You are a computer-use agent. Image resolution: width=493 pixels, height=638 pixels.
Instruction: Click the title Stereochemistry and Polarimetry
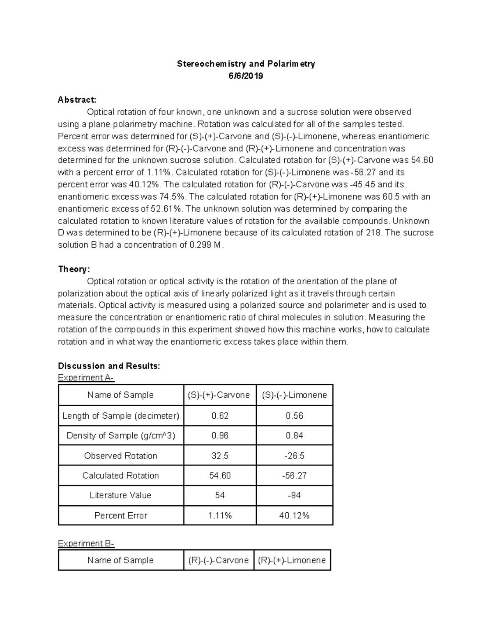pos(246,64)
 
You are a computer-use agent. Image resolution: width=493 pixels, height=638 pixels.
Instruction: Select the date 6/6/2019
pos(246,76)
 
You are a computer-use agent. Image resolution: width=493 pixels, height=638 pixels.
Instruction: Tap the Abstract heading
pos(77,100)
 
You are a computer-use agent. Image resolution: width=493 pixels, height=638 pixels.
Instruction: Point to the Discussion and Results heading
pos(109,366)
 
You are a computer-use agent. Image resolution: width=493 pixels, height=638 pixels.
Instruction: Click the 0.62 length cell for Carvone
pos(220,416)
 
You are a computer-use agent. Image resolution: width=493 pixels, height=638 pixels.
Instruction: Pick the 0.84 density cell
pos(294,435)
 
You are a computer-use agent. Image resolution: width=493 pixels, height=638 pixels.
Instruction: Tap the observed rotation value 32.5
pos(220,456)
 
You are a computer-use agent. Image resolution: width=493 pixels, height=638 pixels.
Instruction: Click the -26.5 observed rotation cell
pos(294,456)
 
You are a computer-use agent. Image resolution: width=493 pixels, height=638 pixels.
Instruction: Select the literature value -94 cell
pos(294,495)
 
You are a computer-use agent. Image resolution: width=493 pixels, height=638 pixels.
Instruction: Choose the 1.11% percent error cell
pos(220,516)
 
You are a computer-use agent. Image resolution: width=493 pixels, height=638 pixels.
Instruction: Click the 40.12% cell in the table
pos(294,516)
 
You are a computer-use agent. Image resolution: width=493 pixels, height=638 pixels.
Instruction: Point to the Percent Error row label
pos(121,516)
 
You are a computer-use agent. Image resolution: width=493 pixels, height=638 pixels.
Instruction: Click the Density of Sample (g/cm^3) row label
pos(121,435)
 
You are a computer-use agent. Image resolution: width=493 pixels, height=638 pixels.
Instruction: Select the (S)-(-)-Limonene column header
pos(294,395)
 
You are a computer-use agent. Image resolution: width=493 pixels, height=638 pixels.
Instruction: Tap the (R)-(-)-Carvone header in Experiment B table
pos(219,560)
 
